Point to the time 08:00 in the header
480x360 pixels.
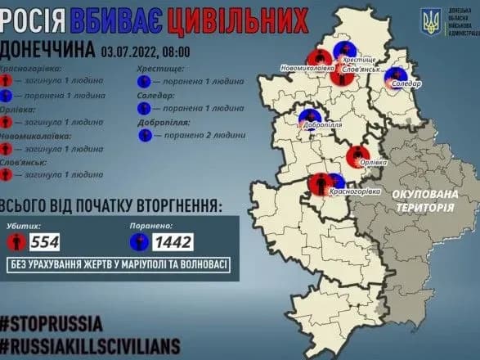coord(175,52)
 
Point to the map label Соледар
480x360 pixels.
coord(406,84)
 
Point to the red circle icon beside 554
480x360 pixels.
coord(16,242)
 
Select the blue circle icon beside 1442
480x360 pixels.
coord(141,242)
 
